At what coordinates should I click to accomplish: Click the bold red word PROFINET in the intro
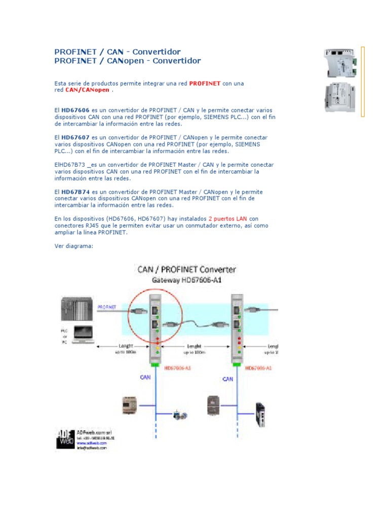pyautogui.click(x=205, y=83)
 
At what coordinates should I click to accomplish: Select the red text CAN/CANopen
pyautogui.click(x=87, y=90)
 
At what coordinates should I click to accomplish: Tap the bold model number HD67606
pyautogui.click(x=75, y=110)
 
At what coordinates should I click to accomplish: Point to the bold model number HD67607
pyautogui.click(x=75, y=137)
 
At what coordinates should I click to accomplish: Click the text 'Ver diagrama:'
pyautogui.click(x=74, y=246)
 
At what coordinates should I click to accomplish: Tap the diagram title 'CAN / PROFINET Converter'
pyautogui.click(x=187, y=270)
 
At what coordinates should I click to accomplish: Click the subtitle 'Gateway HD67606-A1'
pyautogui.click(x=187, y=280)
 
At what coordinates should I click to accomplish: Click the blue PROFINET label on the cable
pyautogui.click(x=107, y=307)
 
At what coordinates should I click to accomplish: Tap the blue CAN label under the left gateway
pyautogui.click(x=145, y=377)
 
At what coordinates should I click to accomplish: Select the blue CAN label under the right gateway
pyautogui.click(x=228, y=379)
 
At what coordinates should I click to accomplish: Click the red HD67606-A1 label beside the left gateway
pyautogui.click(x=178, y=368)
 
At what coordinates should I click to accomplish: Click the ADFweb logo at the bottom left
pyautogui.click(x=65, y=438)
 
